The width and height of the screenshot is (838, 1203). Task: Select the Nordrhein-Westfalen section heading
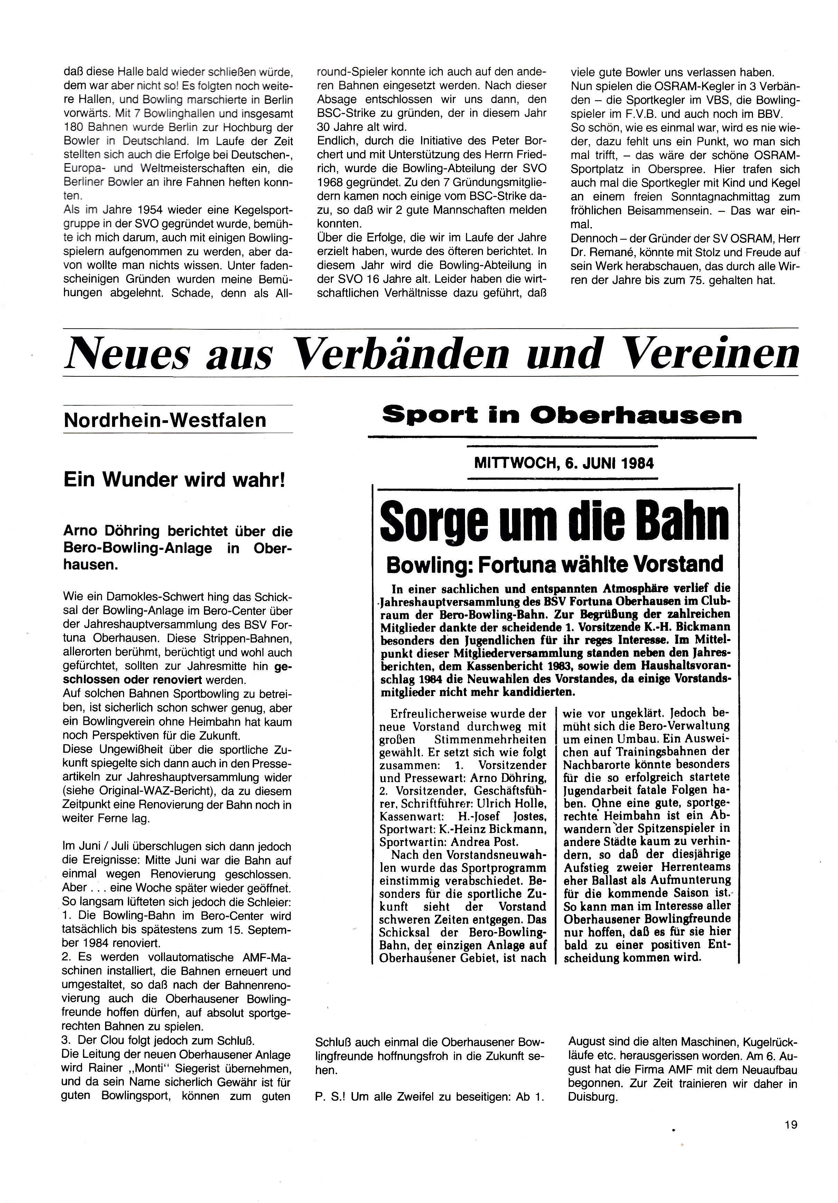pyautogui.click(x=165, y=420)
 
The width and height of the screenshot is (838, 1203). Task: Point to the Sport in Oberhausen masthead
pyautogui.click(x=561, y=415)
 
